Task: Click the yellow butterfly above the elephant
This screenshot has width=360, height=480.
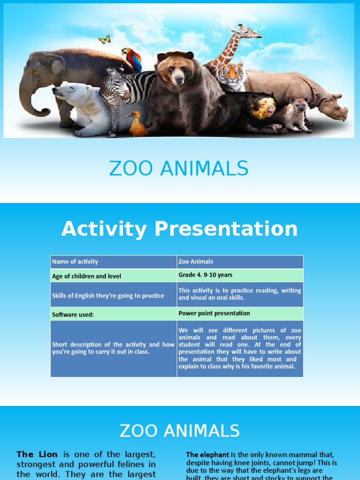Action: (105, 40)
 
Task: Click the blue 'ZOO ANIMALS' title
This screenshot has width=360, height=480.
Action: (179, 169)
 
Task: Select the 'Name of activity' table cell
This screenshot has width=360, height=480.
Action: (75, 262)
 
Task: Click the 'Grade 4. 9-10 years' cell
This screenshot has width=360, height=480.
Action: (205, 275)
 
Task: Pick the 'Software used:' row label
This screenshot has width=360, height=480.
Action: (73, 315)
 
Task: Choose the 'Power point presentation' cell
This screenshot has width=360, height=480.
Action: (214, 313)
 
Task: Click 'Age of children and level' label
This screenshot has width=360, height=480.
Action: (86, 276)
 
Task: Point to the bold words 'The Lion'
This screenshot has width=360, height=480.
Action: (37, 454)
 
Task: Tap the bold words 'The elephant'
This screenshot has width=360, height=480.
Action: (207, 455)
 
